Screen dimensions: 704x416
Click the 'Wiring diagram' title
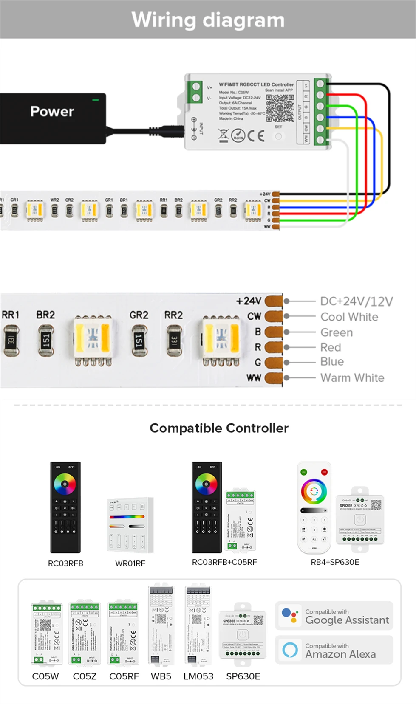click(208, 20)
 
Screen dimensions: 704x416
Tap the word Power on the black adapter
click(52, 111)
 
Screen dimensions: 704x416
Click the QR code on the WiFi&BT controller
click(280, 108)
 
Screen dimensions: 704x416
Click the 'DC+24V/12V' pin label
click(356, 301)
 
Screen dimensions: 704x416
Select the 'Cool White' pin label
click(349, 317)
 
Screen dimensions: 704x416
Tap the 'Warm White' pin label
click(352, 377)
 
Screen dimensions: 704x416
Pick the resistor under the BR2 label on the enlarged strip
click(46, 340)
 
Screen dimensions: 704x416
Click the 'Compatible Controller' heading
click(219, 428)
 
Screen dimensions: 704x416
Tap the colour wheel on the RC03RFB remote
click(65, 484)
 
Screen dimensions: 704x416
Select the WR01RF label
click(130, 563)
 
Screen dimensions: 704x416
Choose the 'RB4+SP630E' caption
click(335, 562)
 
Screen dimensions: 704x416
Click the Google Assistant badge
click(334, 616)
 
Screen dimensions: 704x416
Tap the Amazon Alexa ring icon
click(290, 650)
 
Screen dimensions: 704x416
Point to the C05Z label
click(85, 676)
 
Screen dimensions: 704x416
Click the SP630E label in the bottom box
click(243, 676)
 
